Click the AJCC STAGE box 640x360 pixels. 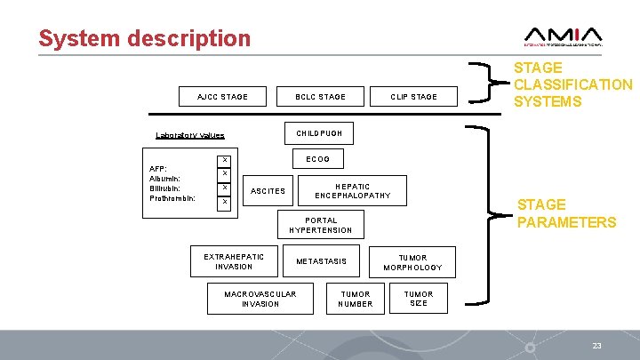tap(222, 96)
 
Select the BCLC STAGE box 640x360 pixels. tap(320, 96)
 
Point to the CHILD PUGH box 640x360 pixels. tap(319, 133)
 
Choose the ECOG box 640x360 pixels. tap(317, 159)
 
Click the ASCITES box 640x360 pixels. tap(268, 191)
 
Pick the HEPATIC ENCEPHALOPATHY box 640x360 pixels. tap(353, 191)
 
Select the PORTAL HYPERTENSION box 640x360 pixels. tap(321, 225)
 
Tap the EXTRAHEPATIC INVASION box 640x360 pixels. tap(234, 261)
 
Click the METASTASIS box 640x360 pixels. tap(321, 261)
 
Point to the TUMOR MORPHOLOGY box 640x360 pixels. tap(412, 262)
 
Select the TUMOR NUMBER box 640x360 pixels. tap(356, 299)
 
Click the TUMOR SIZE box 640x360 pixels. tap(419, 299)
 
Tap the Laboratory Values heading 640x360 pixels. tap(190, 135)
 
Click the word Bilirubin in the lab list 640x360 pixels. tap(165, 188)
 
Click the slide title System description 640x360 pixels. tap(145, 38)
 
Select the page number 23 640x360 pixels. tap(596, 344)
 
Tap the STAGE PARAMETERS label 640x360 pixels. tap(566, 213)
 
